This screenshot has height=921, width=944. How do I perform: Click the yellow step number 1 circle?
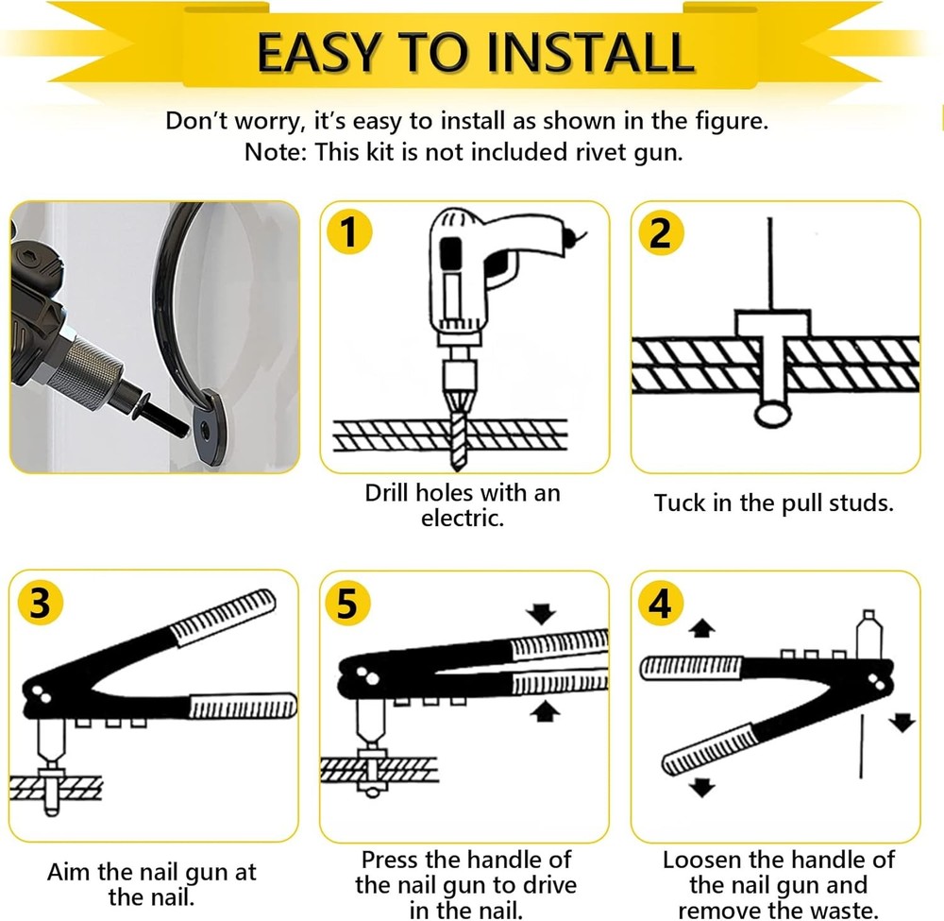(349, 232)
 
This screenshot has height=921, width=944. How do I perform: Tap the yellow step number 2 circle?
(661, 232)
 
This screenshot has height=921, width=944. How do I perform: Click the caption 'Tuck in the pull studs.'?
(773, 503)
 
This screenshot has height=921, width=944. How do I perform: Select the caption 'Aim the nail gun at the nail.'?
(151, 884)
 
